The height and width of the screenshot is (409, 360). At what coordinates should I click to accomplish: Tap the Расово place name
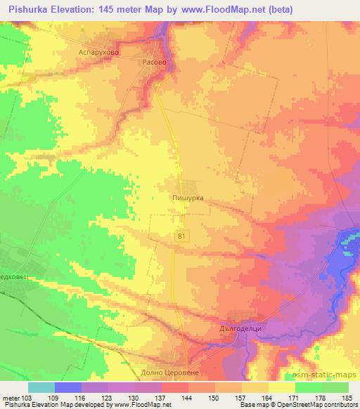[154, 62]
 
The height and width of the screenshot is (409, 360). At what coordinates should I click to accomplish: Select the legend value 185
[347, 398]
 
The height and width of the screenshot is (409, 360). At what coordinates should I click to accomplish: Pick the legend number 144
[187, 398]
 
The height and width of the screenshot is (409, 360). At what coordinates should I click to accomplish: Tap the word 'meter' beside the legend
[9, 398]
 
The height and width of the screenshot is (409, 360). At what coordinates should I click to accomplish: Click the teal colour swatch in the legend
[41, 387]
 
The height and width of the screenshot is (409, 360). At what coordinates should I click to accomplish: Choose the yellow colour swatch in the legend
[281, 387]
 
